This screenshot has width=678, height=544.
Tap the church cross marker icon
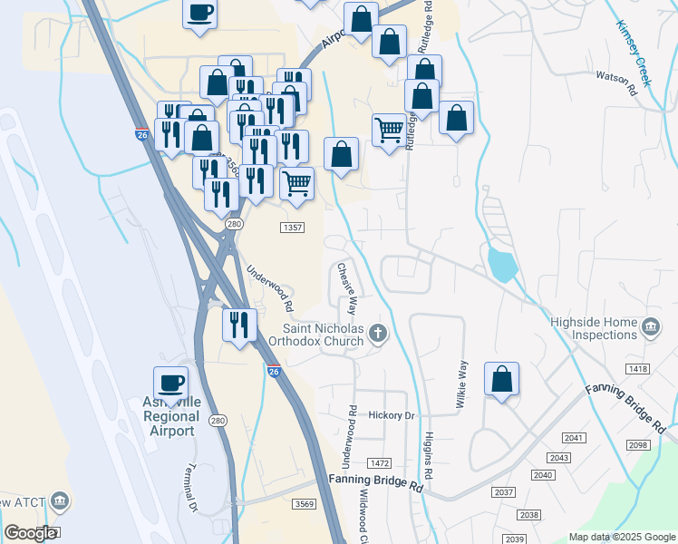click(379, 336)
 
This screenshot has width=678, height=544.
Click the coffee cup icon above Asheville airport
click(169, 383)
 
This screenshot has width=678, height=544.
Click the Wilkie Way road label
click(463, 383)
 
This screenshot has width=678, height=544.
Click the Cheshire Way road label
click(347, 288)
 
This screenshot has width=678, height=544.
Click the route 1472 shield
click(380, 463)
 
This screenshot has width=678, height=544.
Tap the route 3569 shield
click(303, 504)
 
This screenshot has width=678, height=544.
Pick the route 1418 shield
click(637, 367)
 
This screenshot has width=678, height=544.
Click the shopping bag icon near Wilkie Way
click(501, 380)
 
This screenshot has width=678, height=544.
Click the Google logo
click(31, 533)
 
